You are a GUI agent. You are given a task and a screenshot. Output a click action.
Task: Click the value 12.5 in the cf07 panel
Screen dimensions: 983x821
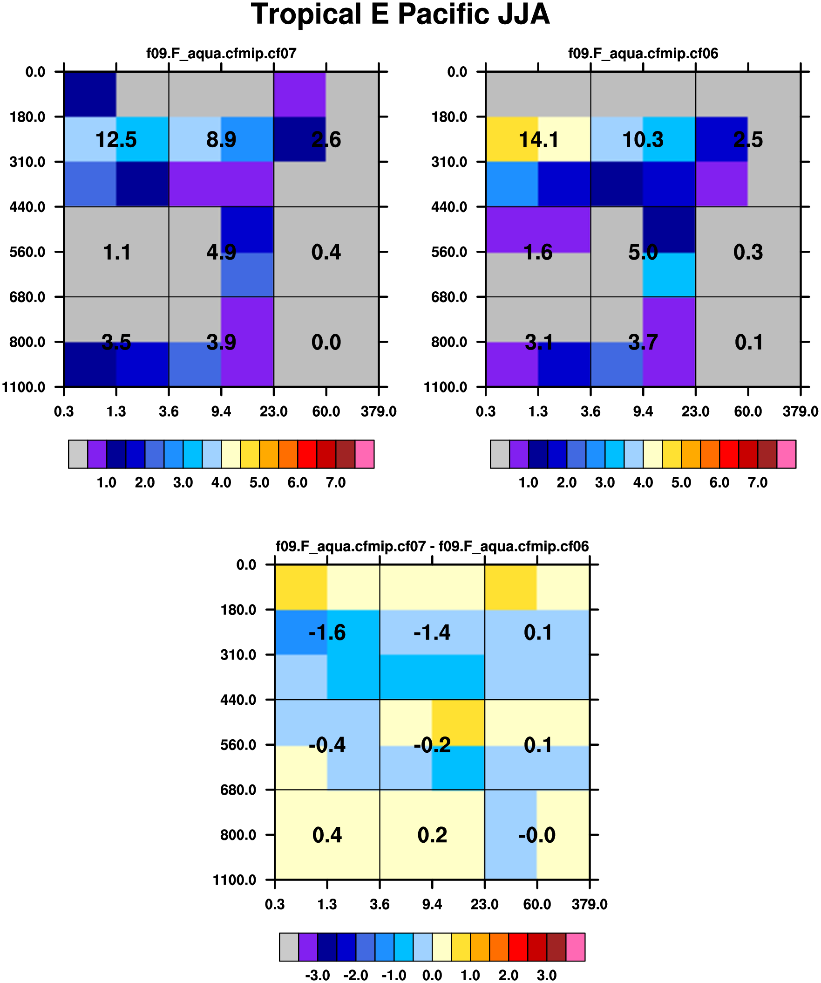[x=116, y=139]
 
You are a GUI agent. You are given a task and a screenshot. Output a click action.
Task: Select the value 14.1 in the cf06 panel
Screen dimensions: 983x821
[x=538, y=139]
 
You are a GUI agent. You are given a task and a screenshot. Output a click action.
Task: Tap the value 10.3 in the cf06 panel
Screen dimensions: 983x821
[x=643, y=139]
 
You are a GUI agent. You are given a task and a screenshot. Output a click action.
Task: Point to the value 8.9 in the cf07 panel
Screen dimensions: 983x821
[x=221, y=139]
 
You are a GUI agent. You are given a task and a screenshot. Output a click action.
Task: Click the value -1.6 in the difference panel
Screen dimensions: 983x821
[x=327, y=633]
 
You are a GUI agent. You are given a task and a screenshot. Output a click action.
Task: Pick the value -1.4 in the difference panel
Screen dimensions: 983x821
[x=432, y=633]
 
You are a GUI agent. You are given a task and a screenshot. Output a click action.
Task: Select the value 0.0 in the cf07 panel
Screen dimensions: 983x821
[x=326, y=342]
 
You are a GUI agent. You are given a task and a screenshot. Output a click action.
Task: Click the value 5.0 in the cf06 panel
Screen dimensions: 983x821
[x=643, y=252]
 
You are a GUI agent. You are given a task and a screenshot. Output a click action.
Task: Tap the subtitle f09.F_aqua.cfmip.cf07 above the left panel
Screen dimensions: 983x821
[x=221, y=53]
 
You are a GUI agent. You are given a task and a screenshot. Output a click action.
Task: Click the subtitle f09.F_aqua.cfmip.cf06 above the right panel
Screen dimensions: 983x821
[x=643, y=53]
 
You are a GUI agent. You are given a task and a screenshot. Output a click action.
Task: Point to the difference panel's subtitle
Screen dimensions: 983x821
[x=432, y=546]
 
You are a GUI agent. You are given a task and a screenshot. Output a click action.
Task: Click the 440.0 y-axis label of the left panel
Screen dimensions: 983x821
[x=27, y=207]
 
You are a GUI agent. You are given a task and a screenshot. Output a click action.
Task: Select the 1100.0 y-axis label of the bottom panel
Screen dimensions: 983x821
[x=235, y=880]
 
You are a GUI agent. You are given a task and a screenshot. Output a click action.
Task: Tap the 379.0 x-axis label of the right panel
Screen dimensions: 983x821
[x=801, y=412]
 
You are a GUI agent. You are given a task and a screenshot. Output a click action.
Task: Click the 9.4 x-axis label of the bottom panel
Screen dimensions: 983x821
[x=432, y=905]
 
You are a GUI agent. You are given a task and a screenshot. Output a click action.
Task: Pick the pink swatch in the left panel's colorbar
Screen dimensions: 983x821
[x=365, y=454]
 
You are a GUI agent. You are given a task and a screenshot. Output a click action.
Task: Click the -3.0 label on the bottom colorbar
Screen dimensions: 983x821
[x=318, y=976]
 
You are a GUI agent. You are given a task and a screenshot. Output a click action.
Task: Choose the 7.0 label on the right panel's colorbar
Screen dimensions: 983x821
[x=758, y=482]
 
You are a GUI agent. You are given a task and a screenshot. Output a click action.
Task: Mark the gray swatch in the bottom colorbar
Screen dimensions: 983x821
[x=289, y=947]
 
